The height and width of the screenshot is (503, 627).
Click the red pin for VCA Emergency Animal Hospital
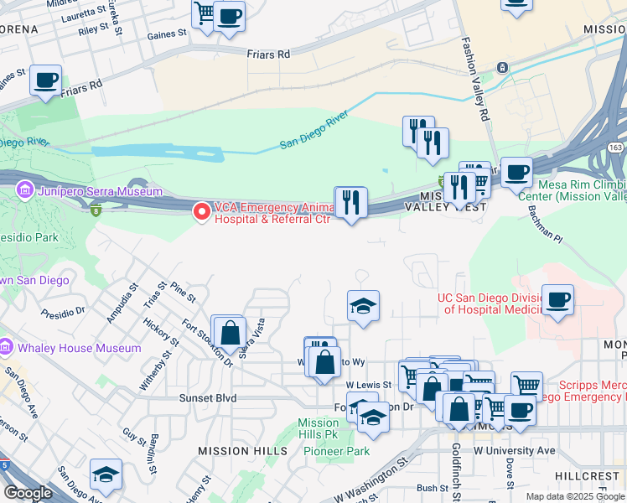[201, 212]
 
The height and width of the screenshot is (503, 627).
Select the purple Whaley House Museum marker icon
[6, 347]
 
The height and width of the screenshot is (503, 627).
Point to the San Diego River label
[313, 132]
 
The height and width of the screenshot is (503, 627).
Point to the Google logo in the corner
[28, 492]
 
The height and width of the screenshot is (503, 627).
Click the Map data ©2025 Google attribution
[574, 496]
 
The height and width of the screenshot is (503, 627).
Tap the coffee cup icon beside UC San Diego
[558, 299]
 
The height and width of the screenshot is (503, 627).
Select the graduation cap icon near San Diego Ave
[106, 474]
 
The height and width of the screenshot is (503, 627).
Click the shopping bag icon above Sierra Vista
[229, 331]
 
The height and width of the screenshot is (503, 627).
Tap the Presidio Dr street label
[63, 311]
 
